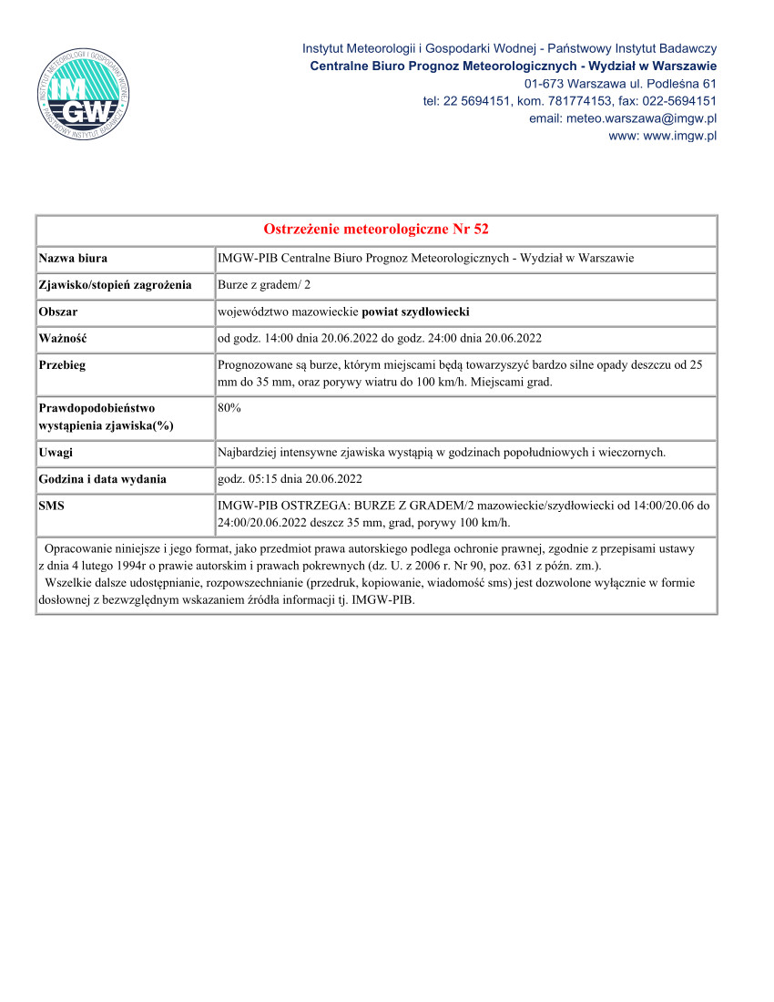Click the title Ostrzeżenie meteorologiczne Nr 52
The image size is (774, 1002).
click(376, 229)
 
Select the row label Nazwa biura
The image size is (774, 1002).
click(73, 259)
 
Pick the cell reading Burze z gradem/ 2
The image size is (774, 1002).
click(264, 285)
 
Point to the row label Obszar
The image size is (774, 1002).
click(58, 312)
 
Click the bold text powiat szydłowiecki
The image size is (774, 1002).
click(415, 312)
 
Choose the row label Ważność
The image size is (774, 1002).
click(62, 338)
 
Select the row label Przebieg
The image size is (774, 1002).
click(62, 364)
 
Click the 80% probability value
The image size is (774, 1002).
click(229, 409)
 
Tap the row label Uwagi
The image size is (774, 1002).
click(56, 453)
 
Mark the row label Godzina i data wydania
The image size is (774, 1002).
click(102, 479)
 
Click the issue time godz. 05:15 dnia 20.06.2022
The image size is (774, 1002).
click(290, 479)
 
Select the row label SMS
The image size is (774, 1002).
click(52, 505)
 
